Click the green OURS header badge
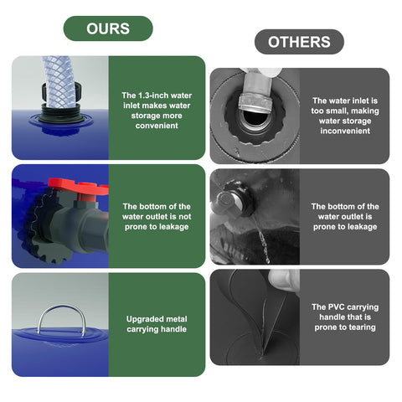click(108, 28)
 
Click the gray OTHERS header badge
click(299, 42)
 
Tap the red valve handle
click(78, 187)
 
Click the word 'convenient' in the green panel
click(157, 126)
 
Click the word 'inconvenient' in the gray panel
click(345, 131)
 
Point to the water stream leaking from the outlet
click(262, 240)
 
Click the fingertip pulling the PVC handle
click(282, 280)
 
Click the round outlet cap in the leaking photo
click(229, 199)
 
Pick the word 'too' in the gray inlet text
click(317, 111)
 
